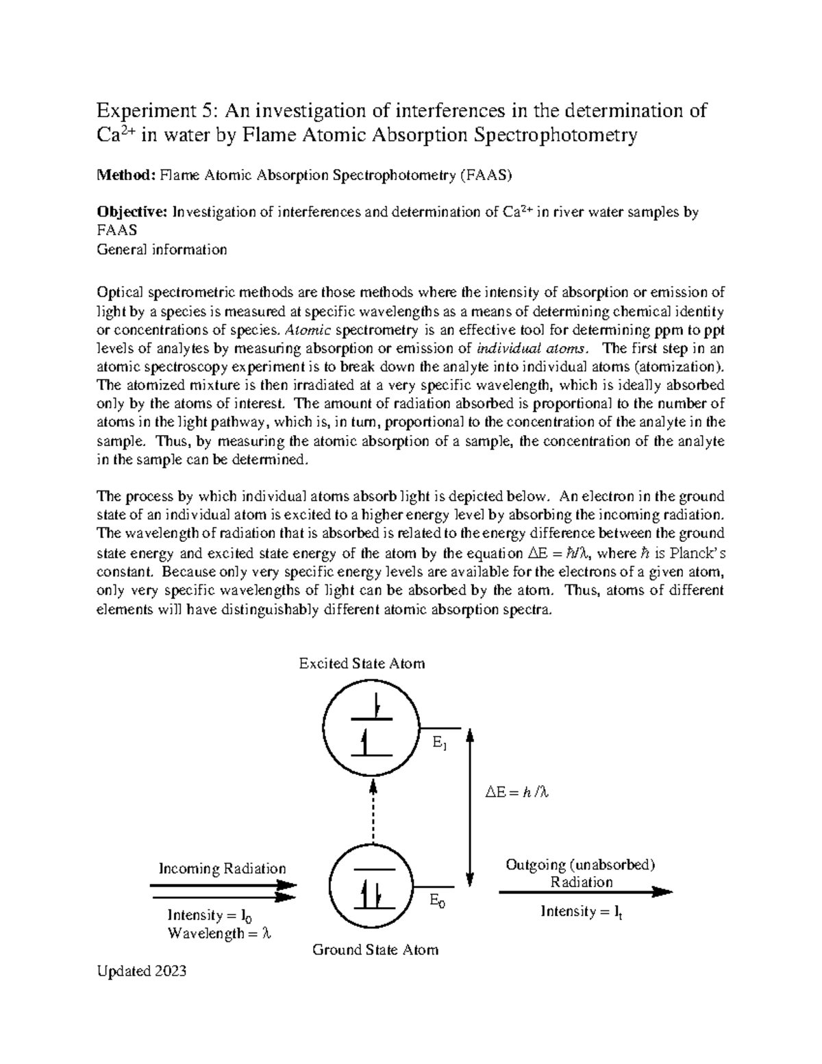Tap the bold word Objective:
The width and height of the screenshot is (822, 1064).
pyautogui.click(x=133, y=212)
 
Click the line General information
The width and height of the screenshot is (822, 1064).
pyautogui.click(x=162, y=249)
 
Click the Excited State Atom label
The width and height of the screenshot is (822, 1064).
pyautogui.click(x=362, y=663)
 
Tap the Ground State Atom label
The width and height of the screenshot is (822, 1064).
pyautogui.click(x=375, y=950)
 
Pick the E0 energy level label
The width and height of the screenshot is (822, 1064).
pyautogui.click(x=437, y=902)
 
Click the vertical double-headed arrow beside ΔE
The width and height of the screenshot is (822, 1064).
pyautogui.click(x=470, y=808)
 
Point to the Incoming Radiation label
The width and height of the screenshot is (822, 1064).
pyautogui.click(x=222, y=869)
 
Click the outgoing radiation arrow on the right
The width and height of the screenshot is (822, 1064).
pyautogui.click(x=585, y=892)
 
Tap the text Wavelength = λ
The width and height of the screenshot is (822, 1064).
pyautogui.click(x=219, y=933)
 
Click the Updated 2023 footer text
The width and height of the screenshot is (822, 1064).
pyautogui.click(x=142, y=972)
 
